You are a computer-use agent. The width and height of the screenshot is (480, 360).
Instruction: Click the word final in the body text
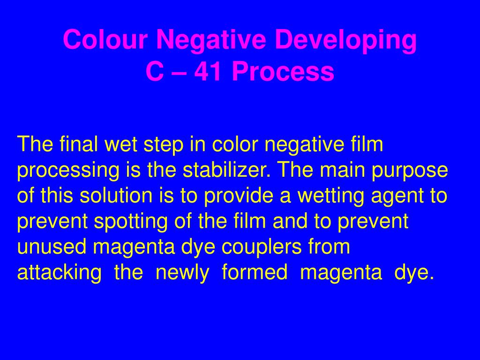click(x=77, y=144)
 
